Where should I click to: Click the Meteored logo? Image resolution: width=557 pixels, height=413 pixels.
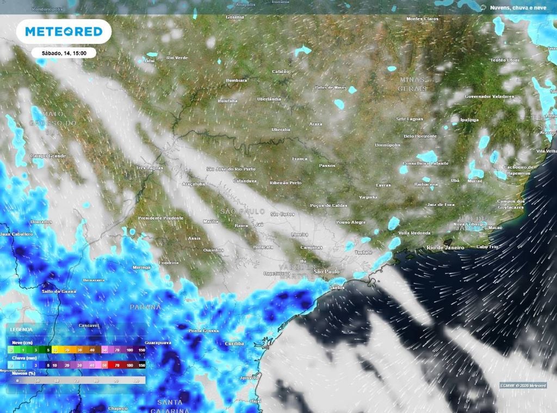click(x=64, y=32)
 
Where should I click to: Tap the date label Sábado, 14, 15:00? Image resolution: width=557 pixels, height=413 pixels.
click(x=64, y=53)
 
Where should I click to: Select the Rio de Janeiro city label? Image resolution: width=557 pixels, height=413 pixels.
click(x=445, y=248)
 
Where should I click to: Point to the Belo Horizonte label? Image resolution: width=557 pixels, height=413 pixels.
click(x=420, y=136)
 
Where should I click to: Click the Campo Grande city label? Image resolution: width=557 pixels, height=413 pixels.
click(x=48, y=156)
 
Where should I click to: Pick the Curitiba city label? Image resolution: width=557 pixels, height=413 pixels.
click(x=236, y=343)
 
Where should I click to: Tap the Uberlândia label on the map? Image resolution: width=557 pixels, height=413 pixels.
click(x=269, y=99)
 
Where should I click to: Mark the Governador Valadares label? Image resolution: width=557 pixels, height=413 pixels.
click(x=489, y=96)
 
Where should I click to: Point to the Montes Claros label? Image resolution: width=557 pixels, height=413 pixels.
click(x=422, y=19)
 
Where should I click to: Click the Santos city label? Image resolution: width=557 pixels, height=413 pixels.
click(x=337, y=287)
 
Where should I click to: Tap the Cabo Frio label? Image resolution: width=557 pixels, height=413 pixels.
click(x=487, y=246)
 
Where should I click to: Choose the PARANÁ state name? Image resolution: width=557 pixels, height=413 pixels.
click(x=145, y=307)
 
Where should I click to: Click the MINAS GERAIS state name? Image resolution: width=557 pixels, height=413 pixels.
click(x=412, y=84)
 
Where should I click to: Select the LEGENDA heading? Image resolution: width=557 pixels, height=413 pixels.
click(x=21, y=330)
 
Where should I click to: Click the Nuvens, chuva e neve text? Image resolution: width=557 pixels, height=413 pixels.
click(x=517, y=8)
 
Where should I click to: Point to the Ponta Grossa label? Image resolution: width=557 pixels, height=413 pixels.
click(x=202, y=331)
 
